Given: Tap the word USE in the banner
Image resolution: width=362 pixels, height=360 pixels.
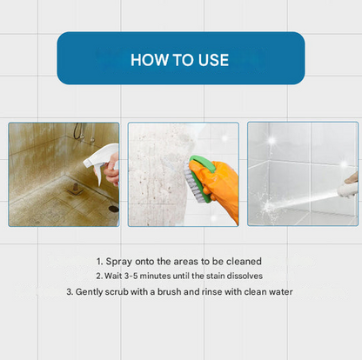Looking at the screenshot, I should pyautogui.click(x=211, y=60).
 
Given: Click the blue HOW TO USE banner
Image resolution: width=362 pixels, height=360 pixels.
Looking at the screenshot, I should pyautogui.click(x=180, y=58).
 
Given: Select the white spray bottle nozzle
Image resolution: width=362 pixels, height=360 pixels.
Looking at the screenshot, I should pyautogui.click(x=95, y=163).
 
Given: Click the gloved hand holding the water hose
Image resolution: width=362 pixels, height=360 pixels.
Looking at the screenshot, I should pyautogui.click(x=350, y=183).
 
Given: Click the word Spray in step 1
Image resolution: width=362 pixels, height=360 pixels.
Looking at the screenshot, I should pyautogui.click(x=121, y=261).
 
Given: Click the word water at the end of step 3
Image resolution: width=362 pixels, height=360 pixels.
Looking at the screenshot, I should pyautogui.click(x=278, y=291).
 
